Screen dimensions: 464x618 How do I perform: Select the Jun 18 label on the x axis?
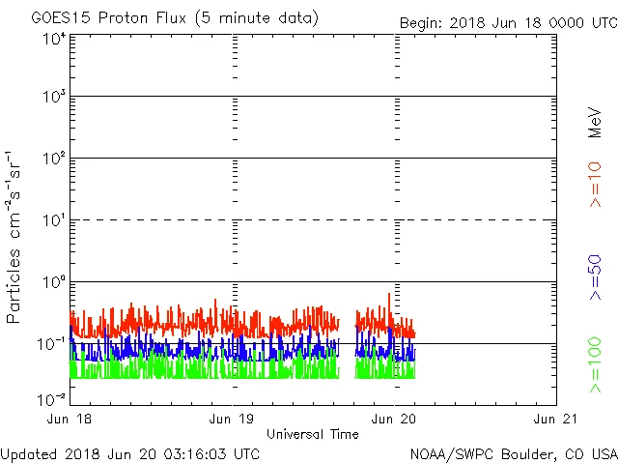click(x=70, y=419)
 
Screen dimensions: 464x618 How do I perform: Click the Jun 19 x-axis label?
click(x=233, y=419)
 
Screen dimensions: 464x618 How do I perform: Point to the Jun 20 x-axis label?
click(x=395, y=419)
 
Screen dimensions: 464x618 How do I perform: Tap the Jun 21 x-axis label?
click(x=556, y=419)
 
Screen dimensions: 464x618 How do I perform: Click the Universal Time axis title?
click(x=313, y=434)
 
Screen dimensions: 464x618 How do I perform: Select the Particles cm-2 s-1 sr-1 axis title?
click(x=16, y=236)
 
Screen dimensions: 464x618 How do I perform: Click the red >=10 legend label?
click(x=595, y=184)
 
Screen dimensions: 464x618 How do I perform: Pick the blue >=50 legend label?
click(x=595, y=276)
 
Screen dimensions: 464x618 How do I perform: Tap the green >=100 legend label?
click(x=595, y=364)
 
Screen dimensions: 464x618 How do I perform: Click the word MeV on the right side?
click(x=595, y=123)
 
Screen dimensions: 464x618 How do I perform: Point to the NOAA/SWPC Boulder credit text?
click(x=513, y=452)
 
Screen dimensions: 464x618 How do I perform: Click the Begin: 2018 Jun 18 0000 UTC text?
click(x=508, y=22)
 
